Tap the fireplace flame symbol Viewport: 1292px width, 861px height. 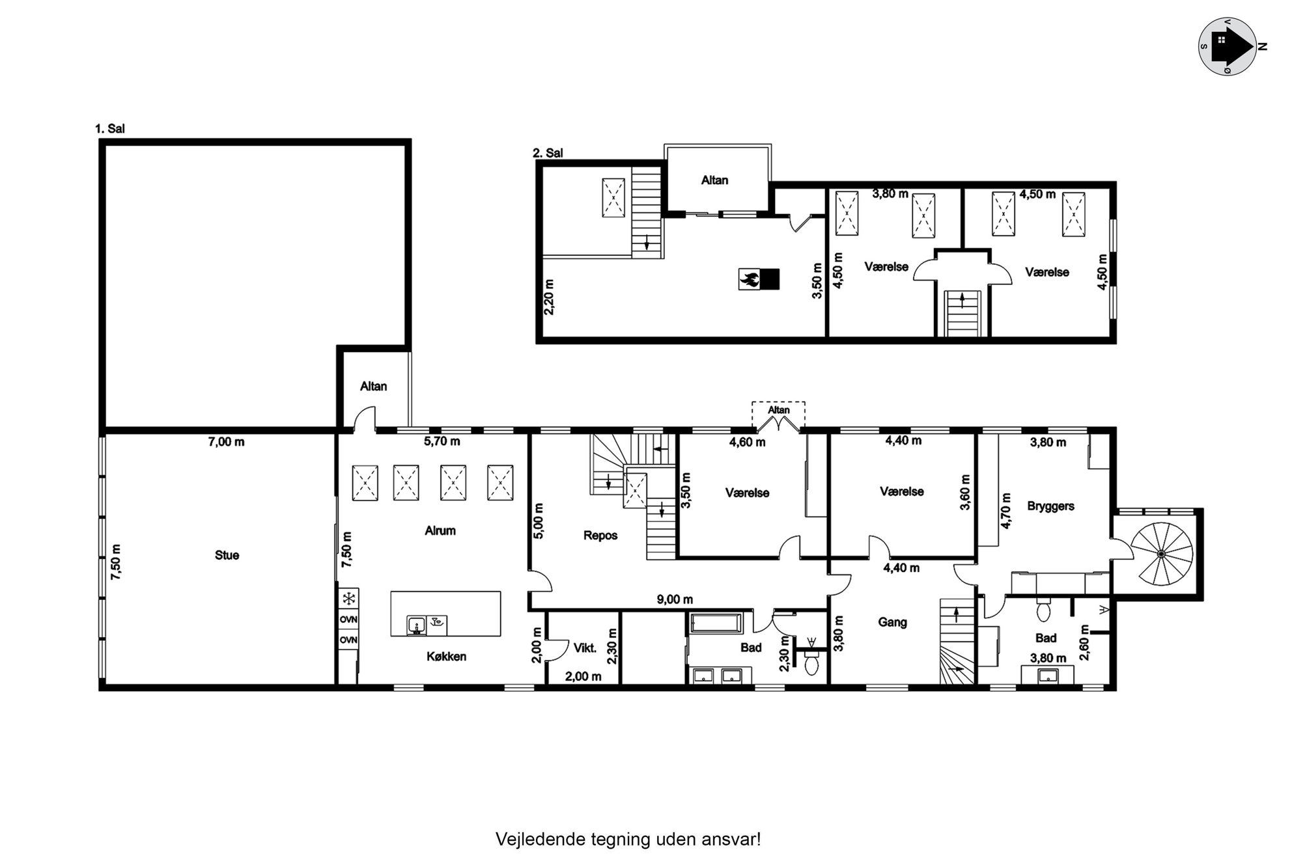[749, 279]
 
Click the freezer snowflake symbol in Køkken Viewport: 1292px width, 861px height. [349, 598]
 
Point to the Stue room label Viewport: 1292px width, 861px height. [227, 555]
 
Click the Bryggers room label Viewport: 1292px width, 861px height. [1050, 506]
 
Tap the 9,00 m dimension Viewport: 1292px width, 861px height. [675, 599]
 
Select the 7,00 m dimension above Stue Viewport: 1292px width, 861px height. [226, 442]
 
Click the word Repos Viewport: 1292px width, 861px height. [600, 536]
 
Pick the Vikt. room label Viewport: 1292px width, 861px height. [585, 648]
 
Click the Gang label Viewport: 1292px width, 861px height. [892, 622]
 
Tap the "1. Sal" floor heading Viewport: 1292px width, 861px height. [110, 129]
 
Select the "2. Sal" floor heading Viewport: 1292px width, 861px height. [548, 153]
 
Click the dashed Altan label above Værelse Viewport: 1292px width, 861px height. [778, 410]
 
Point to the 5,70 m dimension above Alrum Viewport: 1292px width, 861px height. [442, 441]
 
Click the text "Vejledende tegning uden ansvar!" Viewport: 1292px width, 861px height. [628, 840]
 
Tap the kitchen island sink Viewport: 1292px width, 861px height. [416, 625]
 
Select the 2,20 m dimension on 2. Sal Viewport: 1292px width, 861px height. [549, 297]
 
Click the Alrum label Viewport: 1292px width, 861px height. [440, 530]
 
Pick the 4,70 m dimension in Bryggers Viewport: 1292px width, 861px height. [1005, 510]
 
